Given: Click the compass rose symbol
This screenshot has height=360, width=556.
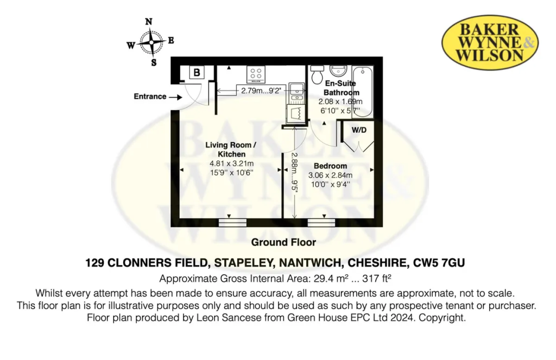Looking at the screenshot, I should tap(150, 42).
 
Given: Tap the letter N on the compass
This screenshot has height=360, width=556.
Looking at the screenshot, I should tap(148, 22).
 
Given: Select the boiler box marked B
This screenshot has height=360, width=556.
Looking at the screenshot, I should tap(197, 72).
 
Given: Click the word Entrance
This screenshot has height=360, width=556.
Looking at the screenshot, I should tap(150, 97).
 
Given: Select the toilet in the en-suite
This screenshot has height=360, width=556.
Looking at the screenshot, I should tap(318, 75).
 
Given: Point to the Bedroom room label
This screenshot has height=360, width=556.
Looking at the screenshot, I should tap(330, 166).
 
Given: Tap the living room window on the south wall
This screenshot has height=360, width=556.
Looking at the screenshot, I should tap(232, 222).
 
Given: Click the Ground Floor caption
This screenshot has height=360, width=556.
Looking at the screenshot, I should tap(283, 242).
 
